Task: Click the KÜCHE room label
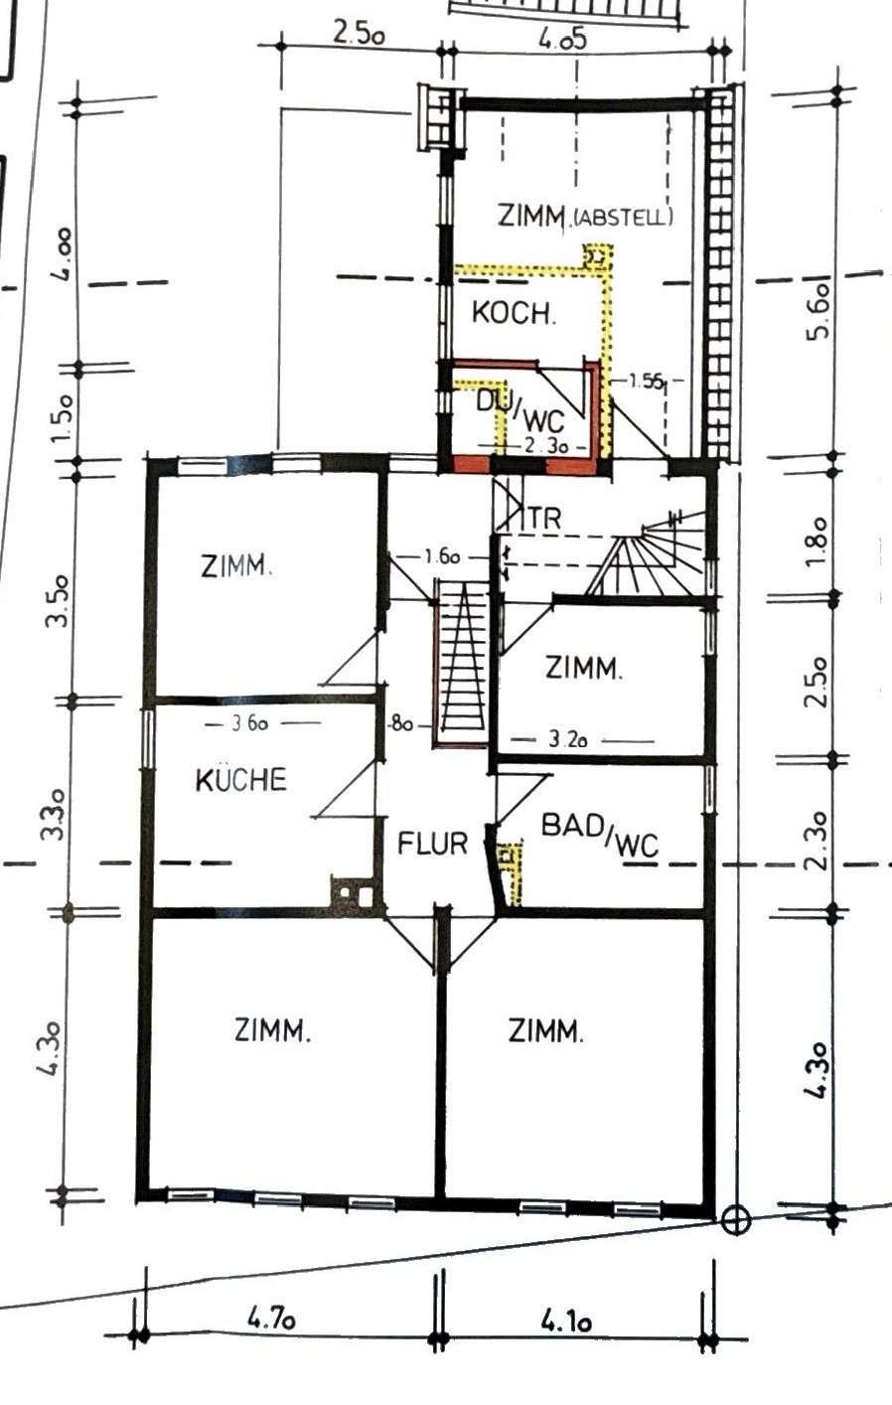[241, 780]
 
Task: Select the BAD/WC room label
[600, 835]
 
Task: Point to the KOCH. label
[514, 312]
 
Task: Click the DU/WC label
[520, 409]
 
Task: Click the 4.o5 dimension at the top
[562, 39]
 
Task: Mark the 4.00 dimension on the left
[65, 254]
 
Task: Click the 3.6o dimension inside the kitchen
[250, 723]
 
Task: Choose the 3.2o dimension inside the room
[568, 740]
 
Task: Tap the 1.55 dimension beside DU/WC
[645, 381]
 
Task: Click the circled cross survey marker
[735, 1221]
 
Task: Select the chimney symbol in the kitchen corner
[352, 890]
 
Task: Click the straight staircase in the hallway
[463, 664]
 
